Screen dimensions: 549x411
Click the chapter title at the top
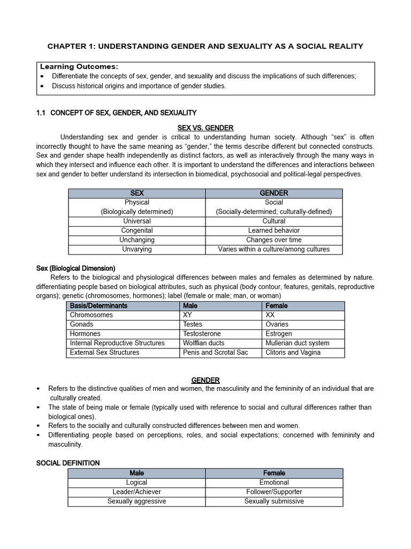(205, 46)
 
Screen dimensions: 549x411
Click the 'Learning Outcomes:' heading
(79, 66)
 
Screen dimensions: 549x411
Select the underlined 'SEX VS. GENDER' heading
(205, 128)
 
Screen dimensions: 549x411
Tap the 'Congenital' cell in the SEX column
(137, 231)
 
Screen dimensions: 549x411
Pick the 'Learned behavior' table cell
(274, 231)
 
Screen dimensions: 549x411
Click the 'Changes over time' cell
(274, 240)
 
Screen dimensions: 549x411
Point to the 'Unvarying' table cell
(137, 249)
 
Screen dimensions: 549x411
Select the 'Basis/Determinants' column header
(98, 306)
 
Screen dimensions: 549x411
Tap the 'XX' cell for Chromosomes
(270, 315)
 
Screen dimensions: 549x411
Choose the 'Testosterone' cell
(201, 333)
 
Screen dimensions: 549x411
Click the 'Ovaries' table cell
(277, 324)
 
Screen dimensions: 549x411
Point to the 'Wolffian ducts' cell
(203, 343)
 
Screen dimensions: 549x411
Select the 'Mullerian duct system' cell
(297, 343)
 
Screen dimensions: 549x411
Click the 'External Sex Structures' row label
(104, 352)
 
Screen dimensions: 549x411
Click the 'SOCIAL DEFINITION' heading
(68, 463)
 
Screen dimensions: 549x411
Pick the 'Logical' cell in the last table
(136, 483)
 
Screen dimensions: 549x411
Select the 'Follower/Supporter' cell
(274, 492)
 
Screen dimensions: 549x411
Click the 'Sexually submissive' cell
(274, 501)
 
